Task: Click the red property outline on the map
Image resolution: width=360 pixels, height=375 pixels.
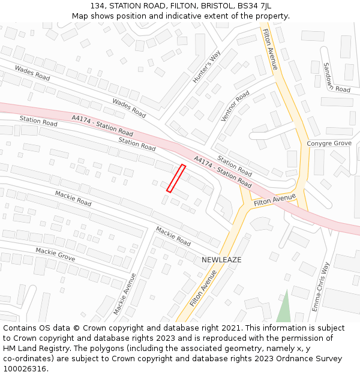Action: pyautogui.click(x=176, y=178)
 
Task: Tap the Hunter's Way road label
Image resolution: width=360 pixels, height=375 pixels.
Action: pyautogui.click(x=203, y=66)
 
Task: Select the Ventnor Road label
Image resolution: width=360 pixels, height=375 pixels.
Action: pyautogui.click(x=235, y=106)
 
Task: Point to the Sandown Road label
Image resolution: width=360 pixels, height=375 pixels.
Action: pyautogui.click(x=336, y=77)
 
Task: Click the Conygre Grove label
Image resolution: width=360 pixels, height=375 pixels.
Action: pyautogui.click(x=329, y=143)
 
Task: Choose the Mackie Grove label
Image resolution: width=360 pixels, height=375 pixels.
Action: pyautogui.click(x=55, y=254)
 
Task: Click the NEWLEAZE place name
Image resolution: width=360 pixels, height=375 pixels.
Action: pyautogui.click(x=221, y=260)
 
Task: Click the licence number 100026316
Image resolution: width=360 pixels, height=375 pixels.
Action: pyautogui.click(x=26, y=369)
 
